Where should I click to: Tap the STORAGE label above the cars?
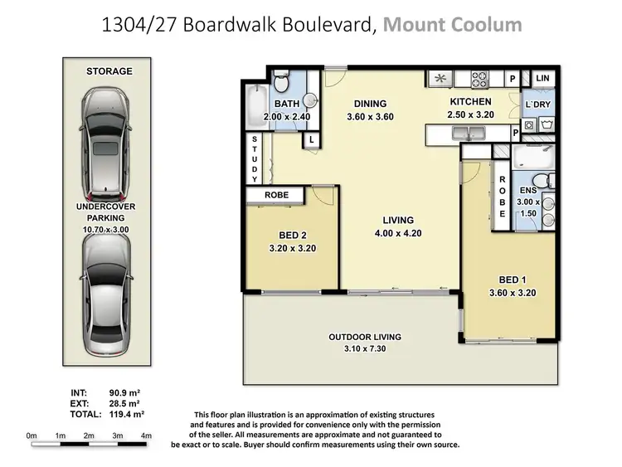109,71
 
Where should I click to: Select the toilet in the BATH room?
281,83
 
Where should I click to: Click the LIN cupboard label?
543,79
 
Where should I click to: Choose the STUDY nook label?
255,158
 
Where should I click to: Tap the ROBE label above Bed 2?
275,196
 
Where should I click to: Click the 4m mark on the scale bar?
146,435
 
